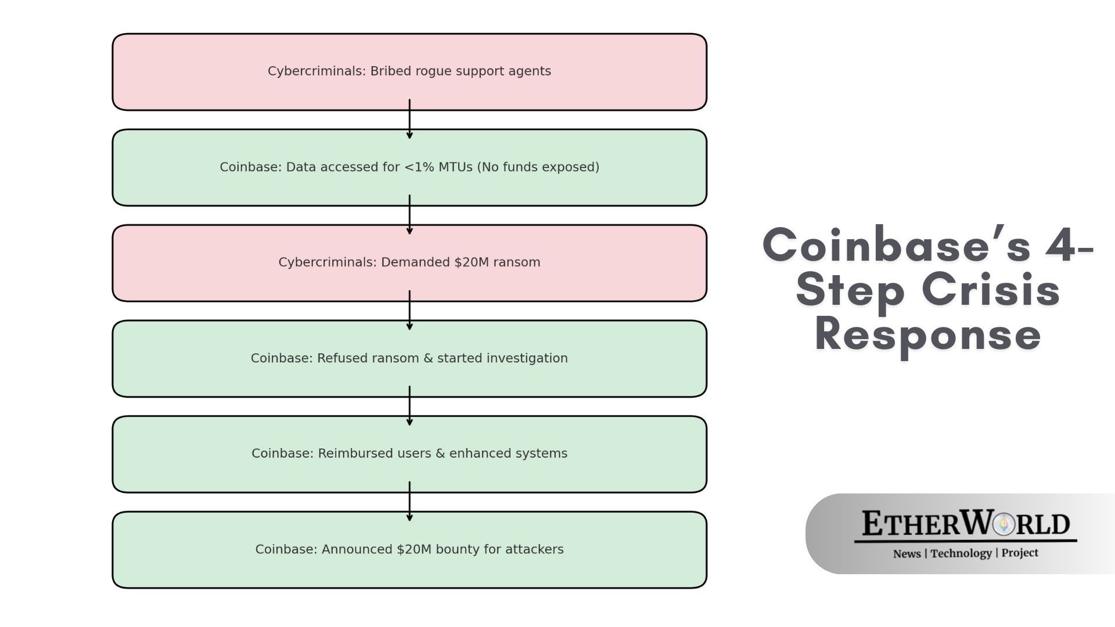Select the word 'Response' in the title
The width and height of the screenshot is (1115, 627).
point(927,334)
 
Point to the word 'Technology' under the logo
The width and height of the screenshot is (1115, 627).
point(961,553)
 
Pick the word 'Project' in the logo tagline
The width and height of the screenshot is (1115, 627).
point(1019,553)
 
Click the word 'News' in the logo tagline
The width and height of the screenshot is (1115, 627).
point(907,553)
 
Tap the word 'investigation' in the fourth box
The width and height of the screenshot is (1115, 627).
point(527,358)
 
